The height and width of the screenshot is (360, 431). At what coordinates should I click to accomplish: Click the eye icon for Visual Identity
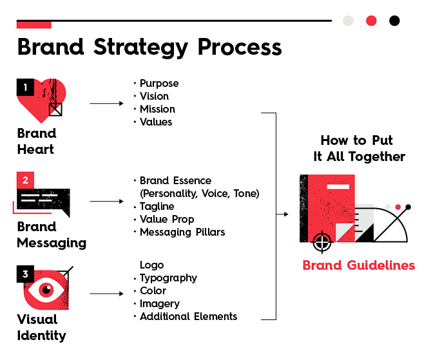coord(46,290)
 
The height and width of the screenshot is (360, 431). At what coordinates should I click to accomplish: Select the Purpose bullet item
coord(158,84)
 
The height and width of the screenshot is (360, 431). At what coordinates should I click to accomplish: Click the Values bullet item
coord(156,122)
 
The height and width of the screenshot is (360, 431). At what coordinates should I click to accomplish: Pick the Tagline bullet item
coord(157,207)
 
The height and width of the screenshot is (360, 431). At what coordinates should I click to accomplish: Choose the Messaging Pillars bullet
coord(182,232)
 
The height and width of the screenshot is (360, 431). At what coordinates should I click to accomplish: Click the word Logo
coord(152,265)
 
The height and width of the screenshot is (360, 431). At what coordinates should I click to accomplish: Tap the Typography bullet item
coord(168,278)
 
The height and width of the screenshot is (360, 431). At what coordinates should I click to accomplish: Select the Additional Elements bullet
coord(188,317)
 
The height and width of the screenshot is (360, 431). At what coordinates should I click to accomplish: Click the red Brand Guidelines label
coord(359,265)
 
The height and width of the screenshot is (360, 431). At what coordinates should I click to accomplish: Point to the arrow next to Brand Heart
coord(106,103)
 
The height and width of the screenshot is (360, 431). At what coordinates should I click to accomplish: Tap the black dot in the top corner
coord(394,21)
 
